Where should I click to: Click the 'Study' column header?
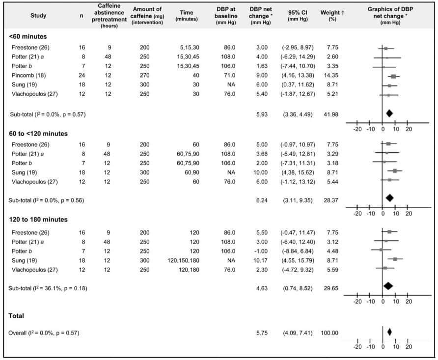(39, 15)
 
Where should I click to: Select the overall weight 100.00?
(329, 333)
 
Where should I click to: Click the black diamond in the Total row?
(389, 332)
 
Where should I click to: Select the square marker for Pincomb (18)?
(393, 76)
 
